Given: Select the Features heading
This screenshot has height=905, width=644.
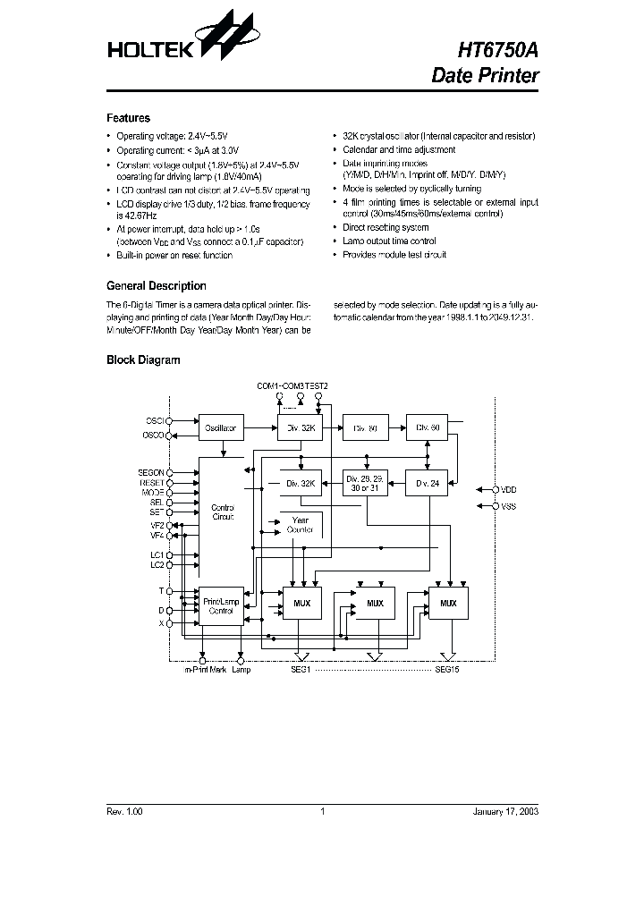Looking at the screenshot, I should (x=128, y=118).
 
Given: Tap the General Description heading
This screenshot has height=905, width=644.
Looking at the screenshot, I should (x=156, y=286).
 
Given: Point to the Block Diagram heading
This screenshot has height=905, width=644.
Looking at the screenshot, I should (x=143, y=360).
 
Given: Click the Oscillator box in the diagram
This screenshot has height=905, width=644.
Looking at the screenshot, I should (x=218, y=428).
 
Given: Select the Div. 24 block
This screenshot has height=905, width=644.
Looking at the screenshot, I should (x=428, y=484).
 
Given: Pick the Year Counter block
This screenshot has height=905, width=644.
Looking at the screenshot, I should (x=301, y=525).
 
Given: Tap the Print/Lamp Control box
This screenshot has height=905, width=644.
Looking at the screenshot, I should (x=220, y=606).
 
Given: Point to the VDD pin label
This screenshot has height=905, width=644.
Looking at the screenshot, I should (x=509, y=489).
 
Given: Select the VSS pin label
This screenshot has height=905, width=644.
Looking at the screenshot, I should (x=509, y=506).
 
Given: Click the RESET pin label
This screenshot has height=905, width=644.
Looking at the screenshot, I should (x=152, y=482).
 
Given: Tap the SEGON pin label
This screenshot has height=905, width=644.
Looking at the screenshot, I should (x=150, y=472).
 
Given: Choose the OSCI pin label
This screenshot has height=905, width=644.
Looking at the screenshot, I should (x=155, y=419).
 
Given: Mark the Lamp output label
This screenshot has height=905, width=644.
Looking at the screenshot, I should (x=241, y=669).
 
